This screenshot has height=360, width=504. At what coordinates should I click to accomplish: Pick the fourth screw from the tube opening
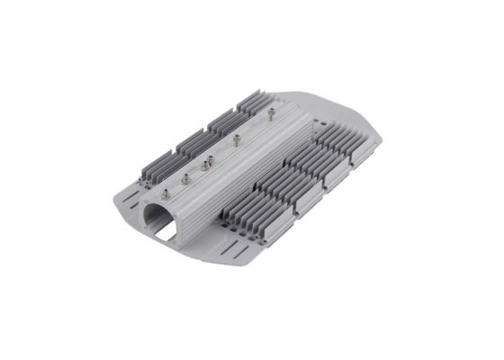pos(237,139)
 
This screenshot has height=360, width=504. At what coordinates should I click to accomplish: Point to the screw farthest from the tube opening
pos(271,112)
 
